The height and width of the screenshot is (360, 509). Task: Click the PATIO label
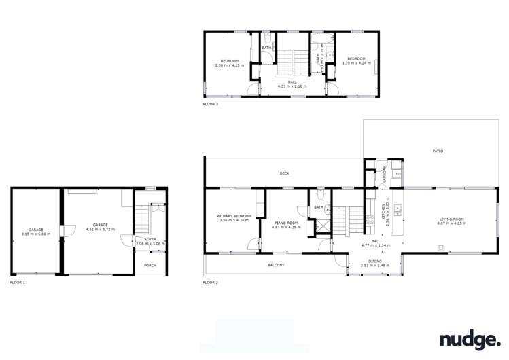(x=438, y=151)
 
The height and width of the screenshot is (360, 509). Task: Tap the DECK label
(x=285, y=174)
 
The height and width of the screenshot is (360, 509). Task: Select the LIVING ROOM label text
(x=451, y=219)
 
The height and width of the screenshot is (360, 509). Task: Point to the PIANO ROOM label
(x=285, y=223)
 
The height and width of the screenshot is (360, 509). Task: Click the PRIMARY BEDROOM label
(x=235, y=216)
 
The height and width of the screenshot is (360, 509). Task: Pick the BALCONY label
(x=276, y=265)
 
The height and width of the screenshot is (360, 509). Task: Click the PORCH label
(x=150, y=266)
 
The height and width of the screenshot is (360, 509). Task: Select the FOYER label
(x=150, y=239)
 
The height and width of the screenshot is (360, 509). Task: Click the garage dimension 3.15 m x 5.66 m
(x=36, y=234)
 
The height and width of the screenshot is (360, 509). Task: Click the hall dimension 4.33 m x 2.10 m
(x=292, y=86)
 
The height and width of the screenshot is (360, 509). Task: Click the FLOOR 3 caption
(x=211, y=105)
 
